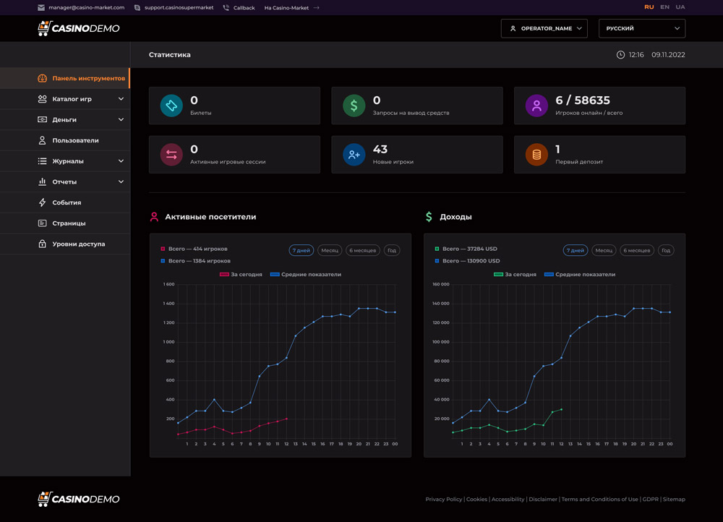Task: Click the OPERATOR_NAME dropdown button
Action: point(544,28)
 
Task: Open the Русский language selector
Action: point(641,28)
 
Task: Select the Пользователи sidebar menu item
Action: point(75,140)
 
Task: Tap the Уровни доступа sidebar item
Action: point(78,244)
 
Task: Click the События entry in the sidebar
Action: point(67,202)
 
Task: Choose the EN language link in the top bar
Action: point(664,7)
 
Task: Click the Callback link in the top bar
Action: point(244,8)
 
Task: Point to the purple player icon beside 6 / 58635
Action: point(536,106)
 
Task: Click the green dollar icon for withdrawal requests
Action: point(354,106)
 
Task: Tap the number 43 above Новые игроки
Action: point(380,149)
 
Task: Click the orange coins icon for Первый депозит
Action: point(536,154)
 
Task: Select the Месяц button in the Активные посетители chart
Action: point(330,250)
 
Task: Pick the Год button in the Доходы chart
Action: point(666,250)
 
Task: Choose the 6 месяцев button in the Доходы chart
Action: point(637,250)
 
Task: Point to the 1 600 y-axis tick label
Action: point(168,284)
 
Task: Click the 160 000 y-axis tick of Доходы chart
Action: point(440,284)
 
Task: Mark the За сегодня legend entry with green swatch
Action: point(515,275)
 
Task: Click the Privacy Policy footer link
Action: point(443,500)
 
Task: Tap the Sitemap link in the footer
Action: point(674,500)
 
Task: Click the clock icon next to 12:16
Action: point(620,55)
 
